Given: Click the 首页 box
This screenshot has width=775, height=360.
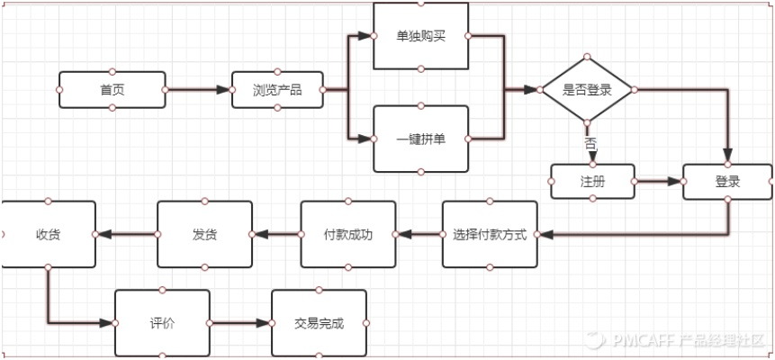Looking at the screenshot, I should [x=112, y=90].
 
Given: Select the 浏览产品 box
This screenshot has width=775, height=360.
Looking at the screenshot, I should [x=277, y=90].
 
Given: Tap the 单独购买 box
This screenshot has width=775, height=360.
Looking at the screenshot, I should [x=420, y=36].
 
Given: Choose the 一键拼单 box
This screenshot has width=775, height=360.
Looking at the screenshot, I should [x=420, y=139].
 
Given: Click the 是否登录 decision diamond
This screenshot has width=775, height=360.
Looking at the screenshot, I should [x=587, y=90].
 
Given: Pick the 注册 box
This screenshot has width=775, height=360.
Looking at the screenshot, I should [x=592, y=181].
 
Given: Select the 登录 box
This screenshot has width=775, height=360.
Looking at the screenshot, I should [x=727, y=182].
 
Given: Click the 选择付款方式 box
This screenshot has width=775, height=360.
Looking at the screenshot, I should [x=491, y=235].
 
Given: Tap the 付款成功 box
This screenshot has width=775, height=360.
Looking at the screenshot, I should [x=347, y=235].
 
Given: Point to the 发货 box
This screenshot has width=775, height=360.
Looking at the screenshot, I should [x=204, y=235].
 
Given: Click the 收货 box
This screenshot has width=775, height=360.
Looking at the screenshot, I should [x=48, y=235].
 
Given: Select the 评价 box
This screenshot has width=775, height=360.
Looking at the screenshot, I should [x=162, y=323].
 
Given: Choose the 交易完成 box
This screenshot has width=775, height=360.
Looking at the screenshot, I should [x=319, y=323].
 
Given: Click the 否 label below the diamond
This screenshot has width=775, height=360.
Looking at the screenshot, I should [x=590, y=144].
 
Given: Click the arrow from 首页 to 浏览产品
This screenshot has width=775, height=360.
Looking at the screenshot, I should [x=198, y=90].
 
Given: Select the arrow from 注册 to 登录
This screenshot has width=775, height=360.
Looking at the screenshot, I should [x=658, y=181].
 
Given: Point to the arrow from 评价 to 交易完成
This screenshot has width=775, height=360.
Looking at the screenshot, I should [x=239, y=323].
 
